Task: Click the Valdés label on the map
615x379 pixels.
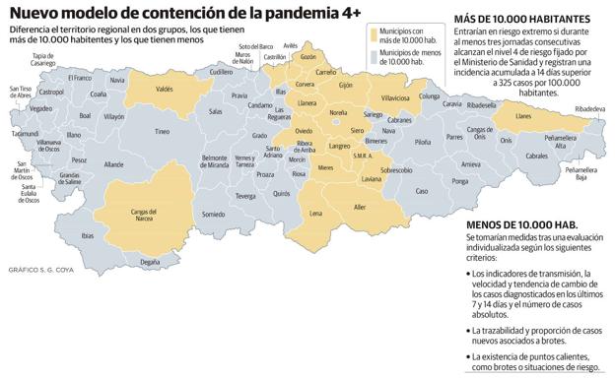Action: point(165,90)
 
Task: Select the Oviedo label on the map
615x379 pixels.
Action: point(305,131)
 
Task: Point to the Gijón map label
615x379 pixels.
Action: point(345,86)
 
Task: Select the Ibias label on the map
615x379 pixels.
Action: point(88,235)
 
